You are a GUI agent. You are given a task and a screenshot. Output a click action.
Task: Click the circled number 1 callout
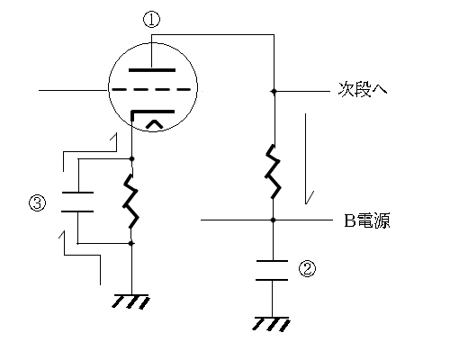(151, 20)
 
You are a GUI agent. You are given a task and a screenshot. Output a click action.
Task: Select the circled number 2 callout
(307, 268)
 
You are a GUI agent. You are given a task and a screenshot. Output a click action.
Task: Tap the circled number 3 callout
(38, 202)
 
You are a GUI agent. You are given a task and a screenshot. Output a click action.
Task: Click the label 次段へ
(363, 89)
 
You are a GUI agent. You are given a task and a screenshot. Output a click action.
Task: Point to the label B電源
(367, 220)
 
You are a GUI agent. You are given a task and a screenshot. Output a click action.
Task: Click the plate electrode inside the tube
(152, 70)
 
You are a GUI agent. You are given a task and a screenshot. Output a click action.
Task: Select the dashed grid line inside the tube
(151, 89)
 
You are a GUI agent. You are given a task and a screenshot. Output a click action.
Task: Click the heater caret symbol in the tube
(154, 124)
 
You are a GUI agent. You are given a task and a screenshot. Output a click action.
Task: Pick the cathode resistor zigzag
(130, 201)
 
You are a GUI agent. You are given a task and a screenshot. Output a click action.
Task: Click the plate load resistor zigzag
(273, 172)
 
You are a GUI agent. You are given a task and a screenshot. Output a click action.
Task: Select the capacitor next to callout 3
(77, 202)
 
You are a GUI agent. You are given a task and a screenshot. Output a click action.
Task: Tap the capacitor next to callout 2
(272, 271)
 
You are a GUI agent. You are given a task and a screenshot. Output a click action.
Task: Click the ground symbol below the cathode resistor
(130, 301)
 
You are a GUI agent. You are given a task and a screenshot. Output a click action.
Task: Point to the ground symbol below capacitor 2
(272, 324)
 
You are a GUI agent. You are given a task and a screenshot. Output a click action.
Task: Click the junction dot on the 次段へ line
(274, 91)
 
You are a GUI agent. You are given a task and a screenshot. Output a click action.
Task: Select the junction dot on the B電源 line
(273, 220)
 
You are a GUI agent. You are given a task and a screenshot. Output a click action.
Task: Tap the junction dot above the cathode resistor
(131, 158)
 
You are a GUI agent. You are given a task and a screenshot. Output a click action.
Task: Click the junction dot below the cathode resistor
(130, 243)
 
